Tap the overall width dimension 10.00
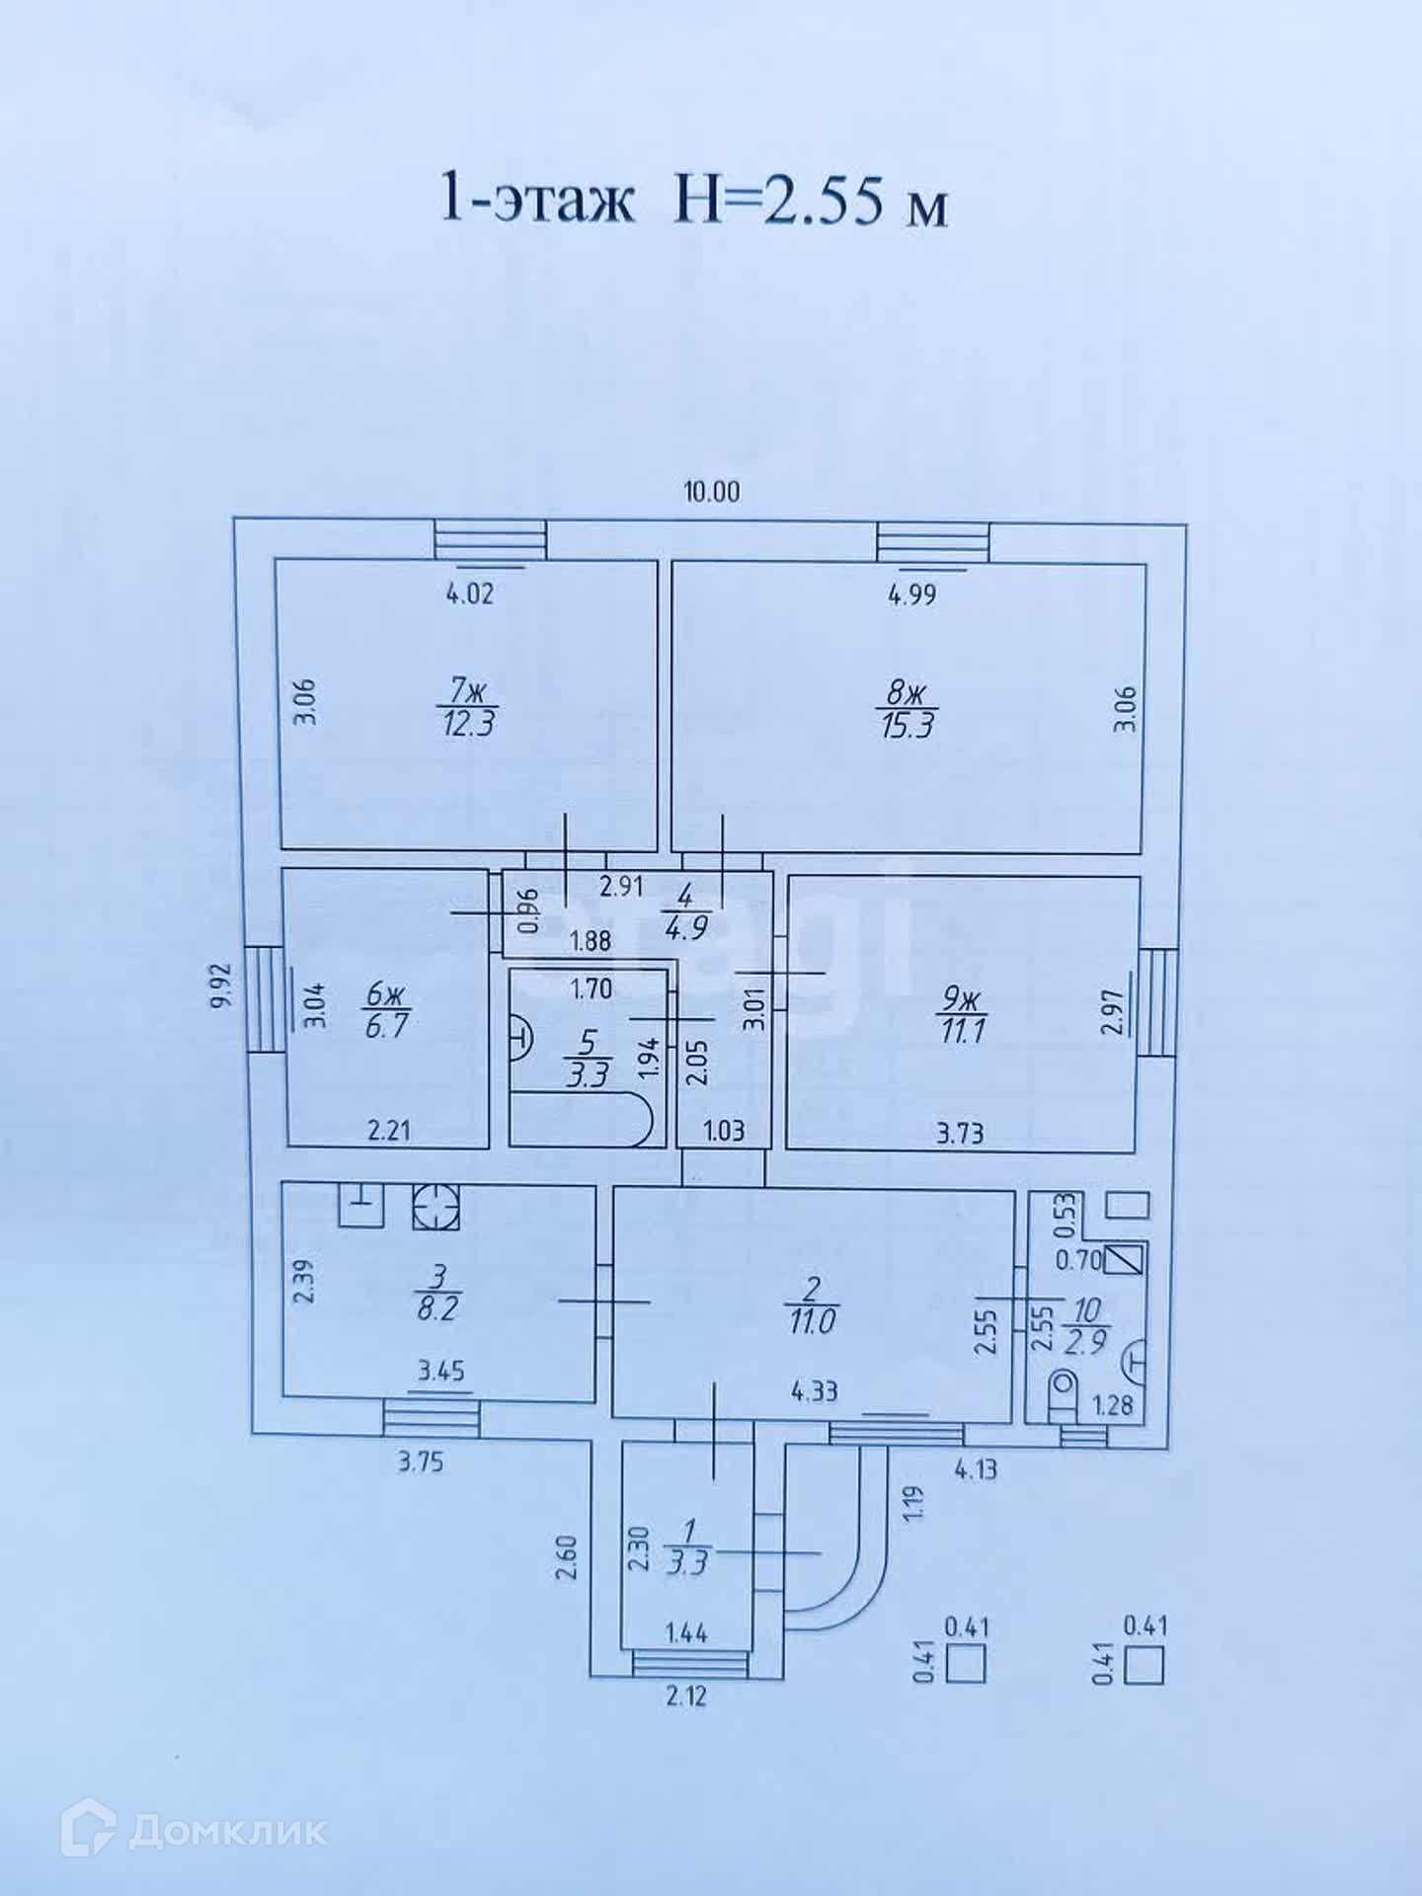(712, 491)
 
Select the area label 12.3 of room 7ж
(467, 724)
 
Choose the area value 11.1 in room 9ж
(961, 1033)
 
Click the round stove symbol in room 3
(435, 1206)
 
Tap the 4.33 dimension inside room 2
(814, 1391)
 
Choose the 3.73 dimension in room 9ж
(959, 1133)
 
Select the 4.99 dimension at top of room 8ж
(911, 594)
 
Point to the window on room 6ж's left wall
(263, 999)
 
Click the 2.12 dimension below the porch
(685, 1698)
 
